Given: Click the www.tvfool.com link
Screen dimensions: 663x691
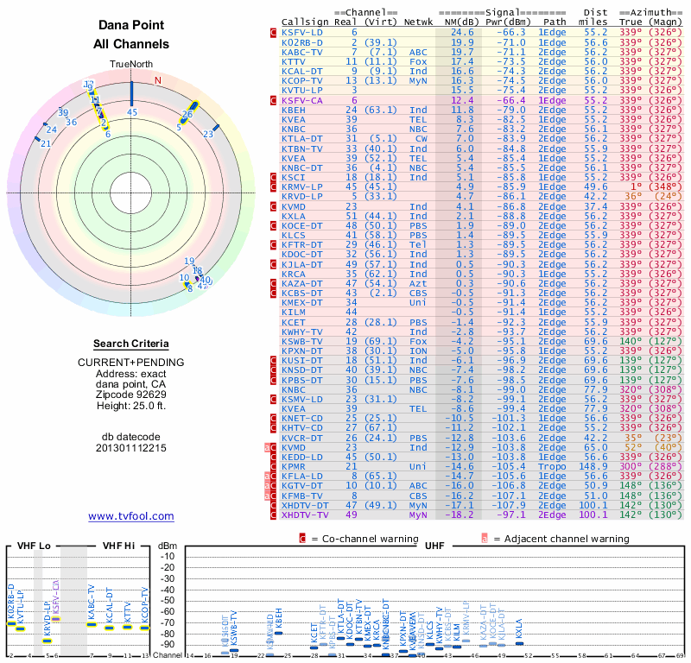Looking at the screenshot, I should [x=131, y=516].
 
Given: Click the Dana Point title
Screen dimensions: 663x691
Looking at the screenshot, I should [x=131, y=25].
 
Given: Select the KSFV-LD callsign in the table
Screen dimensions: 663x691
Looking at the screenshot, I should [x=302, y=32].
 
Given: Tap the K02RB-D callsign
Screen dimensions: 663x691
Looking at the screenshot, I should [x=302, y=41].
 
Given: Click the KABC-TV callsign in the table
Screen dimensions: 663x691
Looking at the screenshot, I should [x=302, y=52].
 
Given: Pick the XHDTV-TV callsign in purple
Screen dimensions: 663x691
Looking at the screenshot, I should [x=305, y=515].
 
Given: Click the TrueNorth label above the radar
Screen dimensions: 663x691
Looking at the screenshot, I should [x=131, y=65].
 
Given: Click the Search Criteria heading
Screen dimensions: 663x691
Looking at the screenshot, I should [x=131, y=344].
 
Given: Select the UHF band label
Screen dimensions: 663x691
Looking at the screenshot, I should [x=434, y=546].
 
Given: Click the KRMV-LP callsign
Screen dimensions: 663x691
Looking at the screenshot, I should [x=302, y=186].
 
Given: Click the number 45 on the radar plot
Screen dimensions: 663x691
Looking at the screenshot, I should [x=131, y=112].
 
